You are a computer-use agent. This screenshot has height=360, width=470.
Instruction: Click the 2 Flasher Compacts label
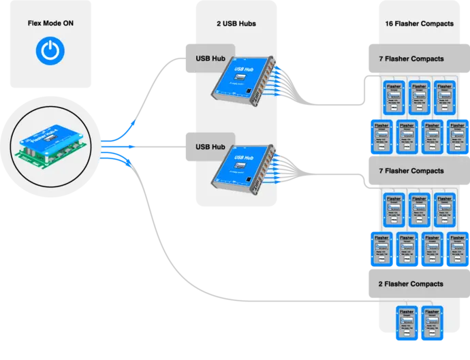[x=411, y=284]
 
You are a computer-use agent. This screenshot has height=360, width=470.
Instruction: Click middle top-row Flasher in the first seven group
[x=419, y=96]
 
